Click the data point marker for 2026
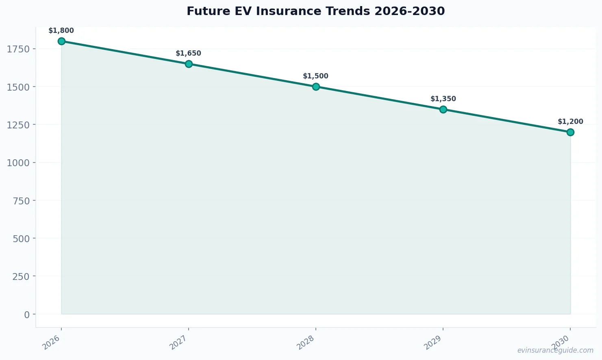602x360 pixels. click(61, 41)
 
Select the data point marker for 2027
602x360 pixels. click(189, 64)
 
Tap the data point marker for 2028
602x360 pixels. click(316, 87)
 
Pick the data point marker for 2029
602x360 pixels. click(443, 109)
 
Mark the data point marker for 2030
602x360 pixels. click(570, 132)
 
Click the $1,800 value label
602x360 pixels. click(61, 30)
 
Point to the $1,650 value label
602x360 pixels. click(188, 53)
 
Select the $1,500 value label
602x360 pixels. click(315, 76)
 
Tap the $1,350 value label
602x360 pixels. click(443, 99)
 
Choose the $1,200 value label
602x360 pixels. click(570, 121)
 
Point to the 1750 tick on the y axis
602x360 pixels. click(18, 49)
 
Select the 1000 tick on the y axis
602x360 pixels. click(18, 163)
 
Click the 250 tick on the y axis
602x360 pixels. click(21, 276)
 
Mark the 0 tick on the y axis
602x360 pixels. click(27, 314)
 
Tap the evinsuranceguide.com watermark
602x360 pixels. click(555, 350)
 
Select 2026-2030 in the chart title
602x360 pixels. click(410, 11)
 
